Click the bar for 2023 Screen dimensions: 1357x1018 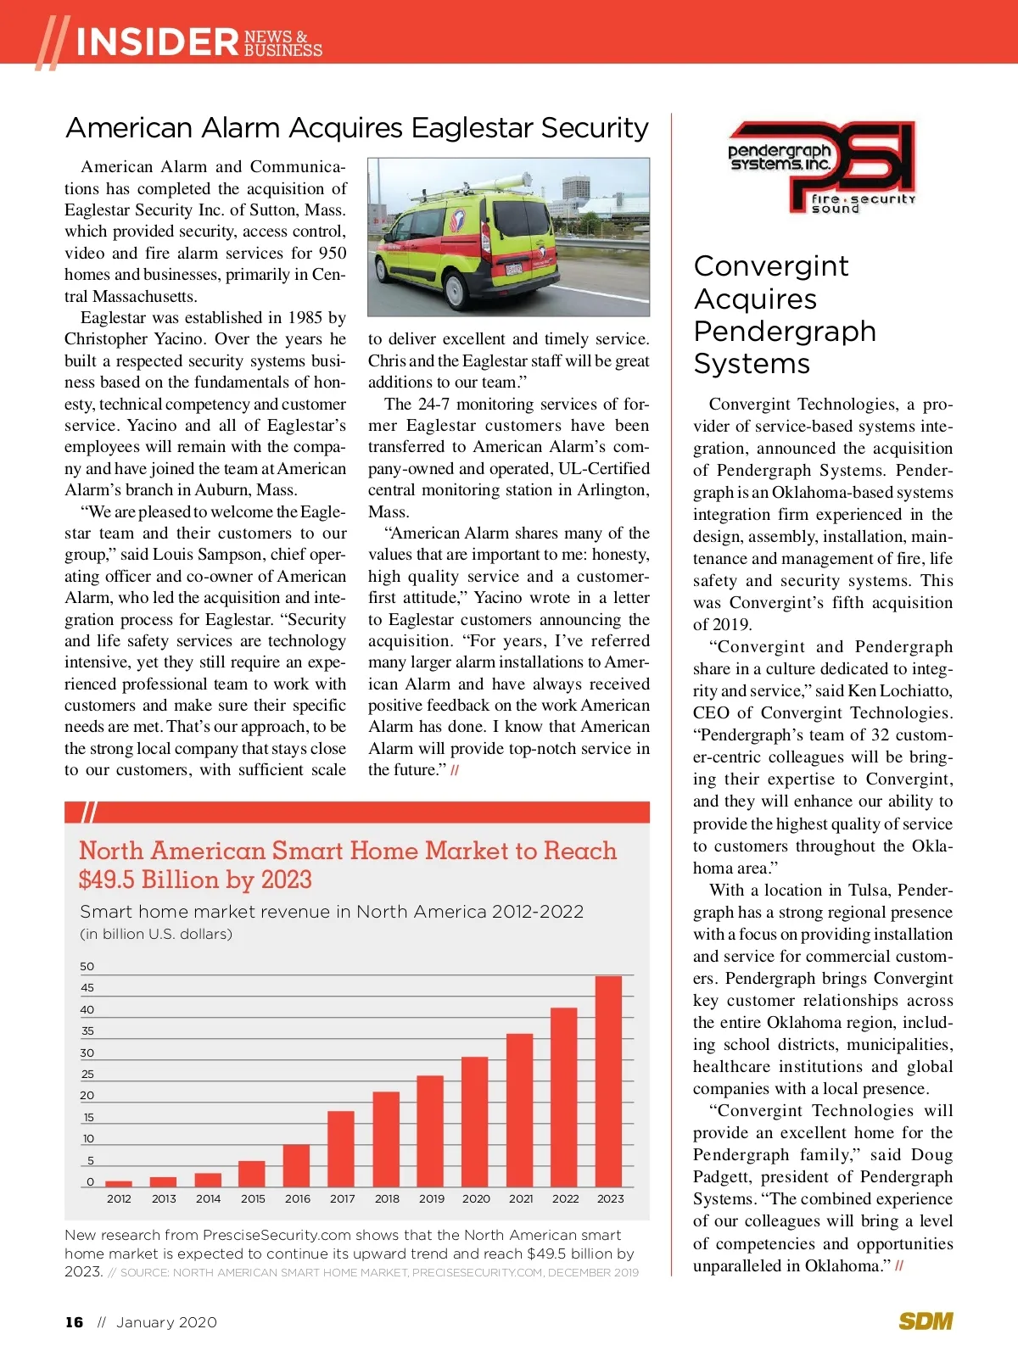click(x=609, y=1081)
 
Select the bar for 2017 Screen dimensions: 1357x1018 click(x=341, y=1148)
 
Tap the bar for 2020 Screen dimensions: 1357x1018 click(x=475, y=1121)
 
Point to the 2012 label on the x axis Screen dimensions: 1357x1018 click(x=119, y=1199)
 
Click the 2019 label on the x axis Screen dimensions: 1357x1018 click(x=432, y=1199)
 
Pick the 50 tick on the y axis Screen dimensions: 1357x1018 click(x=87, y=967)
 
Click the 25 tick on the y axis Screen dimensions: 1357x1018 click(x=87, y=1075)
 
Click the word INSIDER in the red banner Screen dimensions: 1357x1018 click(x=157, y=42)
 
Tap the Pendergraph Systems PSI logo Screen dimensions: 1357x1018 click(x=821, y=167)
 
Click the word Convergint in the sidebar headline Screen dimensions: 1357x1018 click(x=771, y=266)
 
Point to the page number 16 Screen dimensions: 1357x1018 click(x=75, y=1322)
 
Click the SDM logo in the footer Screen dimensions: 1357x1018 click(x=926, y=1321)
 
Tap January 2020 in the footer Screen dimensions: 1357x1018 click(x=166, y=1322)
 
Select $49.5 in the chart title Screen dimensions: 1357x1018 click(x=107, y=880)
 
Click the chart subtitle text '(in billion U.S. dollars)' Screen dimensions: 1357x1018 click(x=156, y=935)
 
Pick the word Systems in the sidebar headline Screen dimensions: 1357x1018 click(x=752, y=364)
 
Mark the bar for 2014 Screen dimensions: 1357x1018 click(x=208, y=1180)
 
